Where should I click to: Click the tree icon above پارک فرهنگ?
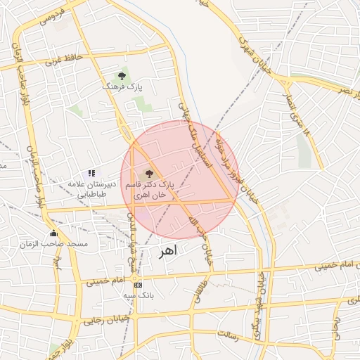pyautogui.click(x=122, y=75)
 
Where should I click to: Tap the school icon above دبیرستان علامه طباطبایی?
pyautogui.click(x=91, y=173)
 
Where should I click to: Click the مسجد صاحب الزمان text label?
pyautogui.click(x=63, y=243)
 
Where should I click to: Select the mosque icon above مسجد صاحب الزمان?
pyautogui.click(x=53, y=233)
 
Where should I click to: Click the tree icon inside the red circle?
pyautogui.click(x=148, y=173)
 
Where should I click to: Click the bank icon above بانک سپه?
pyautogui.click(x=138, y=285)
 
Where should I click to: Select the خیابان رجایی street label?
pyautogui.click(x=103, y=321)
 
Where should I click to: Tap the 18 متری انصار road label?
pyautogui.click(x=296, y=112)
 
